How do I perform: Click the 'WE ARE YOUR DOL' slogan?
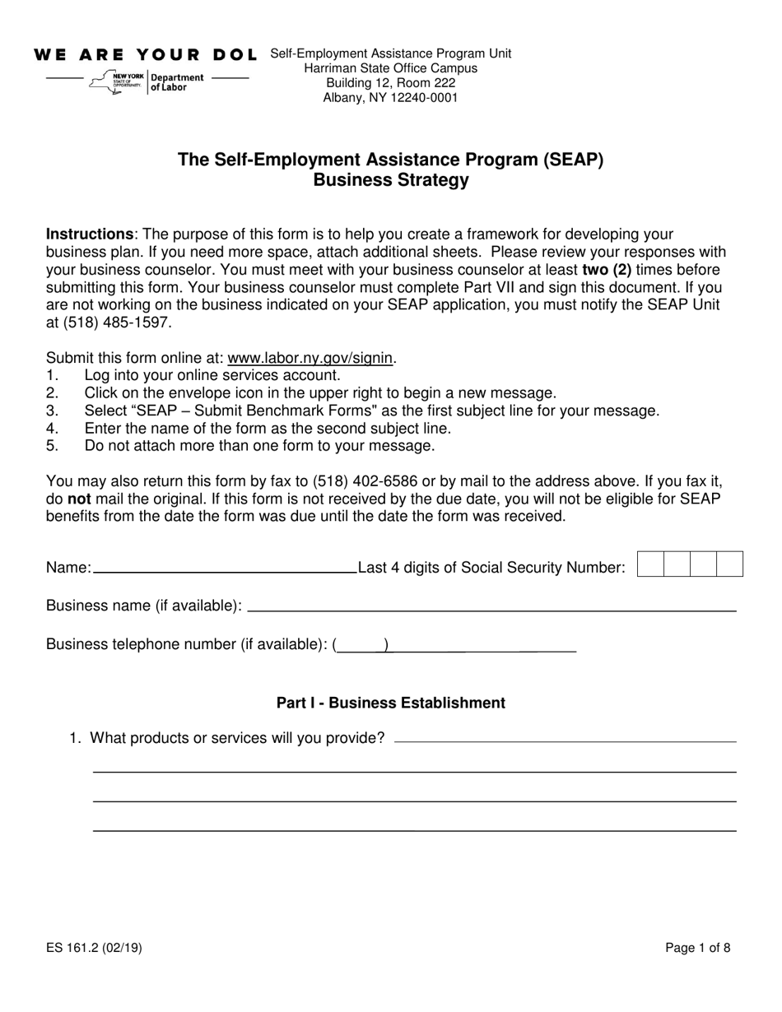145,55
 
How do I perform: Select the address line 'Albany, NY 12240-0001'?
391,98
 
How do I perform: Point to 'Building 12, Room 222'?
391,83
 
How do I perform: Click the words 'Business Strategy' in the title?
391,180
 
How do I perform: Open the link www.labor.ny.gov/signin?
311,358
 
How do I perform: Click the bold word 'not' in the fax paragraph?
79,499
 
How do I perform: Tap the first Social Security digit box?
650,564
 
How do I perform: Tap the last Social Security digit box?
729,564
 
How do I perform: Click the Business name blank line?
491,606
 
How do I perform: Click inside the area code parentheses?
361,645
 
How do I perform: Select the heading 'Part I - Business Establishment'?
391,703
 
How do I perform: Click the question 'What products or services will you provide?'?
237,738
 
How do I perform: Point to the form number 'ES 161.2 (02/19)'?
95,948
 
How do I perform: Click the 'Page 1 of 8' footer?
697,948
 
